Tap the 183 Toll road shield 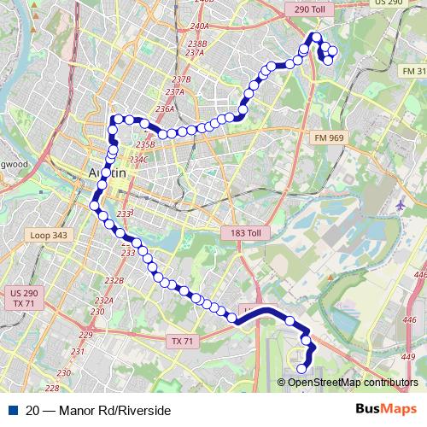pyautogui.click(x=244, y=233)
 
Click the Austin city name pyautogui.click(x=108, y=173)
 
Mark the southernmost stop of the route pyautogui.click(x=301, y=369)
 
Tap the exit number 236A pyautogui.click(x=165, y=109)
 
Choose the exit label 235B pyautogui.click(x=144, y=145)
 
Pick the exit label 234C pyautogui.click(x=139, y=159)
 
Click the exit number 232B pyautogui.click(x=114, y=280)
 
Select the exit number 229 pyautogui.click(x=85, y=334)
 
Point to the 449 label pyautogui.click(x=407, y=344)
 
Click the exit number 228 pyautogui.click(x=63, y=373)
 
